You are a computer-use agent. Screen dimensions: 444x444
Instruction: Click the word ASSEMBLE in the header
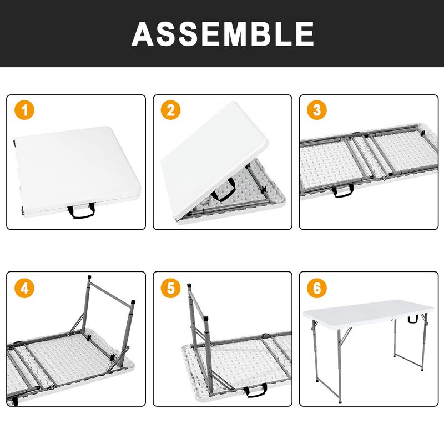(223, 34)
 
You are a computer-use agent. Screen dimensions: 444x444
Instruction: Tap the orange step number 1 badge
(24, 110)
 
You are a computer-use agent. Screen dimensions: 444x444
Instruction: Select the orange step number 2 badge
(170, 110)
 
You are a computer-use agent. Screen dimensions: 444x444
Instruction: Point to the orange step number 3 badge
(317, 110)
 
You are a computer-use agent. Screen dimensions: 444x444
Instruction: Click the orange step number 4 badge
(24, 288)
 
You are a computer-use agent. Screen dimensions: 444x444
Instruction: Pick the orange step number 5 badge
(170, 288)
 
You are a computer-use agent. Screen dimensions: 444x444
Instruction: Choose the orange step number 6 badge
(317, 288)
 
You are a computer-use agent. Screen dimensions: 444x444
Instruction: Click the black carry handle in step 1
(80, 211)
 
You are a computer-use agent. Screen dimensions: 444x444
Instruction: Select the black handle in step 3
(342, 191)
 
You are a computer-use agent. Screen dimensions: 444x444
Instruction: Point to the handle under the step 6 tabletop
(412, 319)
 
